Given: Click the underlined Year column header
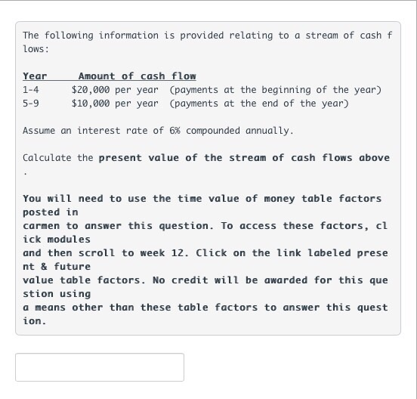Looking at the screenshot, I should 35,76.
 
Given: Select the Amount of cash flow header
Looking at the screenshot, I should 137,76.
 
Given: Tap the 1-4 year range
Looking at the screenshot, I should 31,90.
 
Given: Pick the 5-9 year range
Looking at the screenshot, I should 31,104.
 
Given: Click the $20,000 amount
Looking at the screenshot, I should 92,90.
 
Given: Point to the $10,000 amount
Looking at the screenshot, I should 92,104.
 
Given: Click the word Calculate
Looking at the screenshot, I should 47,158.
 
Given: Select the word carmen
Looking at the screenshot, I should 42,226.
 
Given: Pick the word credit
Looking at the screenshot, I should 191,280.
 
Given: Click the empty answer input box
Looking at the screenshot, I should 100,367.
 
